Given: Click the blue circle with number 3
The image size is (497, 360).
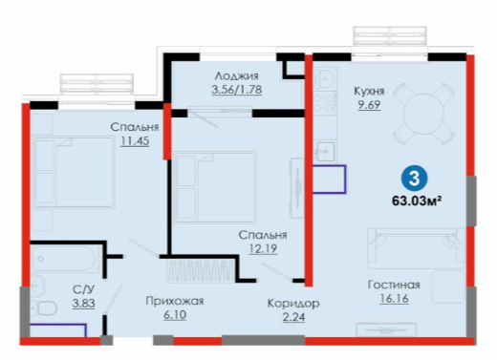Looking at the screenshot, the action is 414,179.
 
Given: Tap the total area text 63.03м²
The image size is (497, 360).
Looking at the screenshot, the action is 417,201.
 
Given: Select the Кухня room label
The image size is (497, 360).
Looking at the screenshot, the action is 369,92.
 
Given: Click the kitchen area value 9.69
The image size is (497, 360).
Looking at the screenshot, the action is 369,105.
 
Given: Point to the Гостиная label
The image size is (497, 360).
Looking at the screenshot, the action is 394,285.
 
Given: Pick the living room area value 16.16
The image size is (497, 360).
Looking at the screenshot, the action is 394,299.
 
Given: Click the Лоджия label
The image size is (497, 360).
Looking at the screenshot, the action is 236,76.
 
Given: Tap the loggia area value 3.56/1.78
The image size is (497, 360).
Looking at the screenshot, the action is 237,90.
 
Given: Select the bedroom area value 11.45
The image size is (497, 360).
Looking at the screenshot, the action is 135,140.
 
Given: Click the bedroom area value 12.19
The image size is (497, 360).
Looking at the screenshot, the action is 263,248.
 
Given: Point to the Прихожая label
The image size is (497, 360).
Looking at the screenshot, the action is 175,301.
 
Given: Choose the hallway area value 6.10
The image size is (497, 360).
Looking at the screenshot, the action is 175,315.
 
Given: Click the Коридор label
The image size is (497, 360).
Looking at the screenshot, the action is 293,304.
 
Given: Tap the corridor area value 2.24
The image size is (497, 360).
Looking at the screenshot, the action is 293,317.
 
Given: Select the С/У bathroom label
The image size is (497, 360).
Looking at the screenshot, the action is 83,289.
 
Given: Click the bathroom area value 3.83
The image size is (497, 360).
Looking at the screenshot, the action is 83,304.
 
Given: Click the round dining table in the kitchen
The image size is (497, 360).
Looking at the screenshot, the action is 423,114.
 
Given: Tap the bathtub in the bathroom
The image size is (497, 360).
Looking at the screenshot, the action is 63,259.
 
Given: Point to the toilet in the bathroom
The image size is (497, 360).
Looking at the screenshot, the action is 45,308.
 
